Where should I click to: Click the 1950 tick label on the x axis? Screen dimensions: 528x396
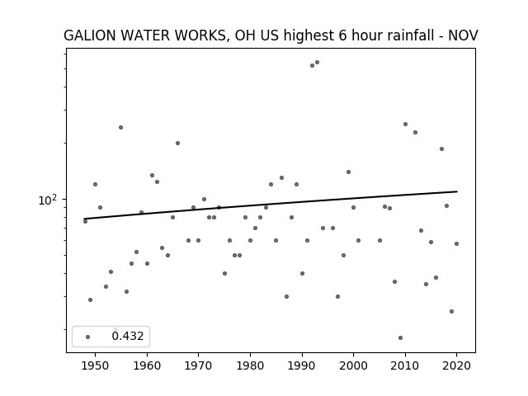tap(95, 365)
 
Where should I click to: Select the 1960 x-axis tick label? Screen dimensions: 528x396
tap(147, 365)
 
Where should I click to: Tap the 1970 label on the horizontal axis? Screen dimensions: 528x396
tap(198, 365)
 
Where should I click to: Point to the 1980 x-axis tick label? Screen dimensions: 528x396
tap(250, 365)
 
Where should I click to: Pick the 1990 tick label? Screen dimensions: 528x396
tap(302, 365)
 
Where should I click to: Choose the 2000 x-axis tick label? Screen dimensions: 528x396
tap(353, 365)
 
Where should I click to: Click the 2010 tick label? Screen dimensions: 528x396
tap(405, 365)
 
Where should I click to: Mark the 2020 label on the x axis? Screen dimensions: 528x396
tap(456, 365)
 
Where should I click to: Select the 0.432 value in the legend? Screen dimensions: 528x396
tap(128, 336)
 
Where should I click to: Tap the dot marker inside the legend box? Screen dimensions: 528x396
tap(88, 337)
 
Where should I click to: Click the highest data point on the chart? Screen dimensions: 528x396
tap(317, 63)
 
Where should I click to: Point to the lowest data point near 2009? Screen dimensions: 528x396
tap(400, 337)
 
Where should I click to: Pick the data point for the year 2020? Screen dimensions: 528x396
tap(456, 244)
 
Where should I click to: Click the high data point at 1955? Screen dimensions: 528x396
tap(120, 127)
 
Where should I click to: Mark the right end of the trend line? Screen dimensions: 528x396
tap(457, 191)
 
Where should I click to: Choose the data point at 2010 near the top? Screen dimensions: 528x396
tap(405, 125)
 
